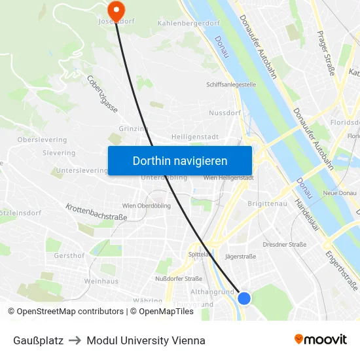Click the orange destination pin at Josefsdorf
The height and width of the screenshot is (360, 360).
pyautogui.click(x=116, y=9)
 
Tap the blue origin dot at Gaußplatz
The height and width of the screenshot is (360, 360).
pyautogui.click(x=244, y=298)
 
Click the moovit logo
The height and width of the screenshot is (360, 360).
pyautogui.click(x=321, y=340)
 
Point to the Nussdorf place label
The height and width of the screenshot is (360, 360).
pyautogui.click(x=225, y=113)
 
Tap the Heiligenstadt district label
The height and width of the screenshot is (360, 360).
pyautogui.click(x=194, y=136)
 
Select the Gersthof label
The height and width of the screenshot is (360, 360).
pyautogui.click(x=69, y=255)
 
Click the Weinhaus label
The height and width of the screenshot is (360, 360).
pyautogui.click(x=101, y=281)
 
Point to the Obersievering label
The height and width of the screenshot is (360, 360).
pyautogui.click(x=42, y=139)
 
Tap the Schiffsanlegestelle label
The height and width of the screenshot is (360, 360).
pyautogui.click(x=231, y=84)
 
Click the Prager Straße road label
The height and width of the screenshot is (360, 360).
pyautogui.click(x=325, y=52)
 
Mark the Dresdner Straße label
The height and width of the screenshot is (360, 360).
pyautogui.click(x=284, y=244)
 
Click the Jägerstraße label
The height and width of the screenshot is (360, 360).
pyautogui.click(x=240, y=257)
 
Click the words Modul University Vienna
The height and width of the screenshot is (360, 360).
pyautogui.click(x=146, y=340)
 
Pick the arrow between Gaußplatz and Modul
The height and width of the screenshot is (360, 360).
pyautogui.click(x=75, y=340)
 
